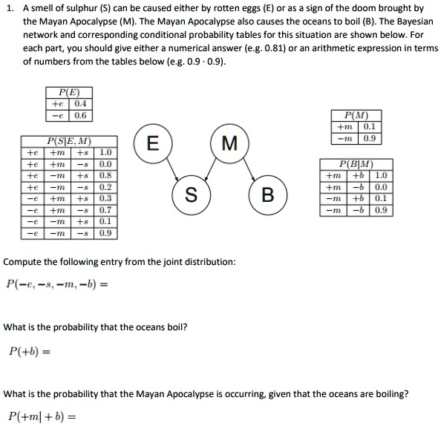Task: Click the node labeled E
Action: tap(151, 144)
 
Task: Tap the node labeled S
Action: tap(190, 196)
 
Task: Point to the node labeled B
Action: tap(268, 196)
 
